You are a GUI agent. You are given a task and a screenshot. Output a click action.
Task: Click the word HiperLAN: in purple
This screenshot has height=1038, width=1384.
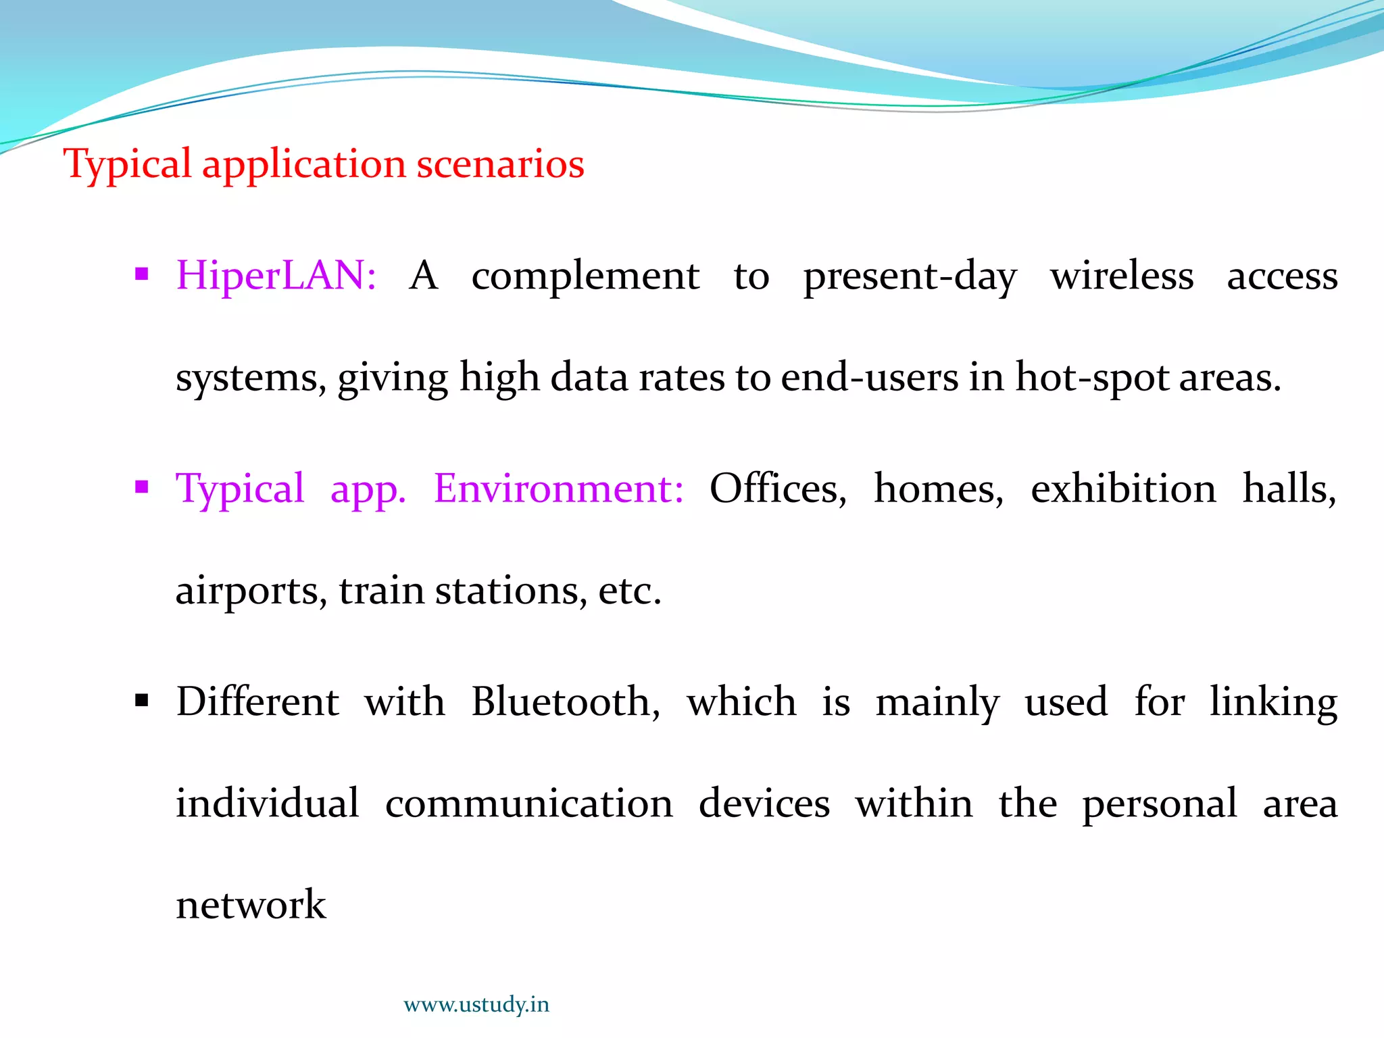point(276,276)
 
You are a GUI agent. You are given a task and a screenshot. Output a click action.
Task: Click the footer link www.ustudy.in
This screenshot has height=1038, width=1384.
point(476,1004)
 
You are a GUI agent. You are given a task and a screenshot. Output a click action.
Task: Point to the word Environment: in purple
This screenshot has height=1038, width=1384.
point(558,489)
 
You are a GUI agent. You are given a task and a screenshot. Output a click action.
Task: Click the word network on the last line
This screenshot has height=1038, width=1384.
point(251,905)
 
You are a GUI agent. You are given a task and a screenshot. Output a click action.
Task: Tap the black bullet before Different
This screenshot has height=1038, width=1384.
point(141,700)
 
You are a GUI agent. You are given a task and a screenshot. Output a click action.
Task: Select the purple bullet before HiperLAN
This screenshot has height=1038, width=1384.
point(141,274)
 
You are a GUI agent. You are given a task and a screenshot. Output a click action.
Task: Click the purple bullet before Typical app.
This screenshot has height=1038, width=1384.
point(141,487)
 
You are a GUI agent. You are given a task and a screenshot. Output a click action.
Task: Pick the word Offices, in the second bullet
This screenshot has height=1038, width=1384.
point(778,489)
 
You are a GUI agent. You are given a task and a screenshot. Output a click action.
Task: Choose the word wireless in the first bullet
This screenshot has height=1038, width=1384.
point(1122,276)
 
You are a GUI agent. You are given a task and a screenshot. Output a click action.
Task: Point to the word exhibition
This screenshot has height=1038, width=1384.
point(1123,489)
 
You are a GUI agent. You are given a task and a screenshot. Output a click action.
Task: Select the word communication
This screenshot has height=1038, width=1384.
point(529,804)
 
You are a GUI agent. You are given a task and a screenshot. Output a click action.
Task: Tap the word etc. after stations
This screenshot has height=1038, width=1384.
point(629,591)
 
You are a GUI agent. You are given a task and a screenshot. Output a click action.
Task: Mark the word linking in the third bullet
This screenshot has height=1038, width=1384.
point(1273,703)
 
